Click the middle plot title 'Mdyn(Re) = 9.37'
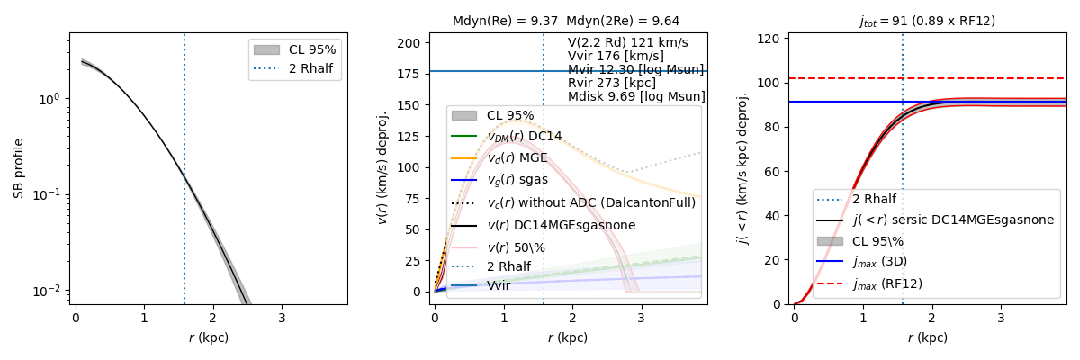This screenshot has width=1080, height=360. (506, 21)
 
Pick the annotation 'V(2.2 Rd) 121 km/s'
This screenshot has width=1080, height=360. (627, 42)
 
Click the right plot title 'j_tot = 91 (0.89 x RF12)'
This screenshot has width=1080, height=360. (927, 21)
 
